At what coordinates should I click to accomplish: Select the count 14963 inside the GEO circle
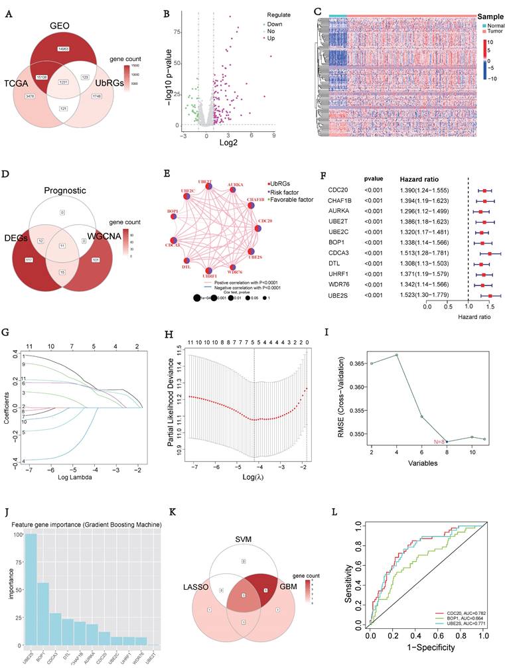pyautogui.click(x=64, y=50)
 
